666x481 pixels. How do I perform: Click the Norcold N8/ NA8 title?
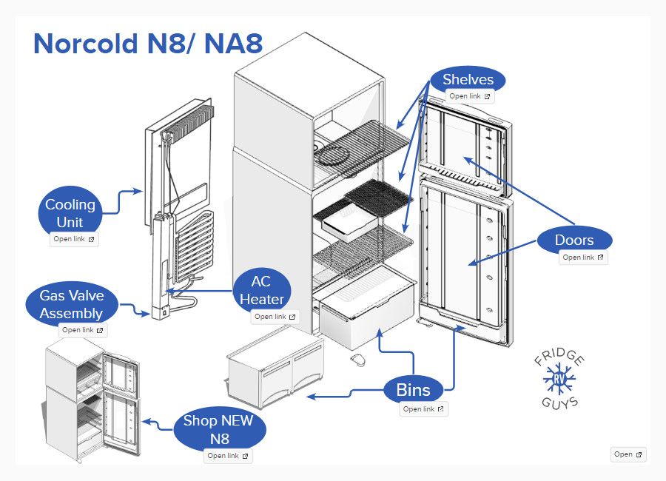[148, 44]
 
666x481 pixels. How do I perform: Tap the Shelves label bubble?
[468, 80]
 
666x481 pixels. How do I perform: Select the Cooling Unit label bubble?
[70, 213]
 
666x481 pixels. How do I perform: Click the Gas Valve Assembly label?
[72, 304]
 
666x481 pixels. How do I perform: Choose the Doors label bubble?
[574, 240]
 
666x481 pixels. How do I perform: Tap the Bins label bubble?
[413, 389]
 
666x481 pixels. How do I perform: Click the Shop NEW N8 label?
[218, 429]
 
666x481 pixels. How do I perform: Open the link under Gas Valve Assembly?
[82, 330]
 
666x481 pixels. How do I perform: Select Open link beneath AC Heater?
[275, 317]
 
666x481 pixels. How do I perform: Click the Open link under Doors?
[583, 258]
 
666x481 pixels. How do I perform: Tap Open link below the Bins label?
[424, 408]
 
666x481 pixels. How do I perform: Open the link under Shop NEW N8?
[228, 456]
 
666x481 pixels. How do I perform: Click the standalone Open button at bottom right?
[628, 454]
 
